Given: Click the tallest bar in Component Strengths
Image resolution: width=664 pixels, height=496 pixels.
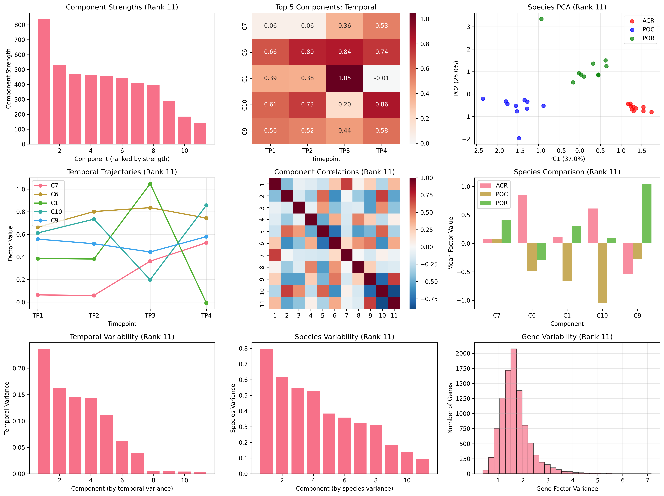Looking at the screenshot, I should point(44,82).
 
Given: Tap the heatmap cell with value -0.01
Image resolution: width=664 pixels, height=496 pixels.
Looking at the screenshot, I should point(382,78).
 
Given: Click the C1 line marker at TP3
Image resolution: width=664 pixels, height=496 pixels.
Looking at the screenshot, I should point(150,184).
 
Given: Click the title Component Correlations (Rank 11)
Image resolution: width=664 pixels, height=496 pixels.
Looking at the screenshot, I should point(334,172).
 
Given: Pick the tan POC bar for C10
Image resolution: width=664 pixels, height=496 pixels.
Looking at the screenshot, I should point(602,273).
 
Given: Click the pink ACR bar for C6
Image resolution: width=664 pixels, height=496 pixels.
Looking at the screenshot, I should point(523,219).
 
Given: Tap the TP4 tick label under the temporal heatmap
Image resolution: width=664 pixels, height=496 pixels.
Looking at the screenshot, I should point(382,150).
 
